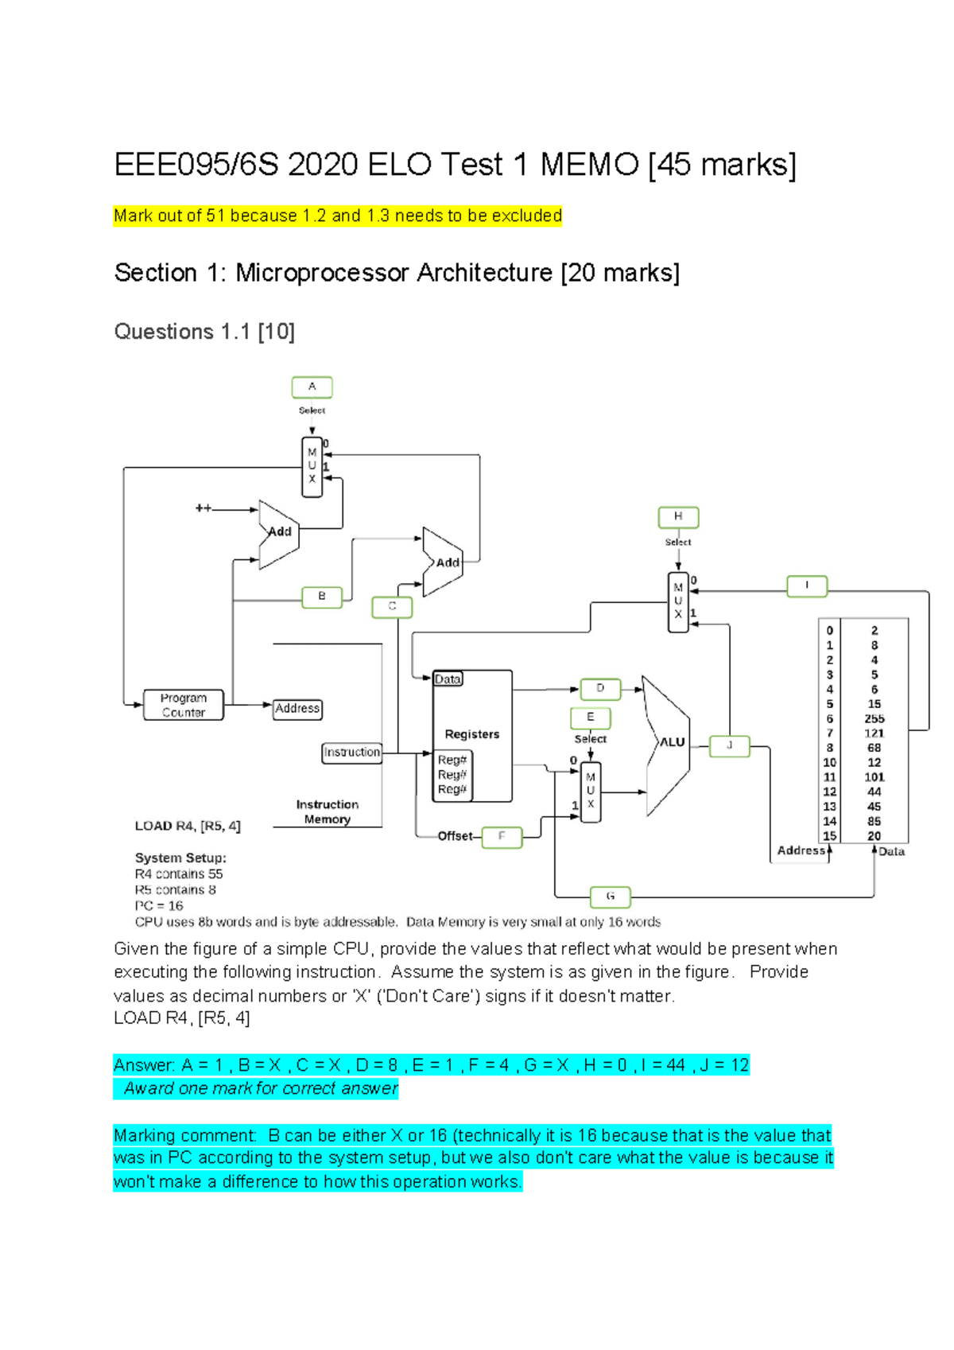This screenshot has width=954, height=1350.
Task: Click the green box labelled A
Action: [x=312, y=387]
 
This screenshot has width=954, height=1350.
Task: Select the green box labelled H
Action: [x=678, y=517]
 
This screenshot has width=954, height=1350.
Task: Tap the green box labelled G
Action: [x=611, y=897]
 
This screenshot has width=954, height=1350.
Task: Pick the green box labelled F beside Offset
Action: [x=502, y=837]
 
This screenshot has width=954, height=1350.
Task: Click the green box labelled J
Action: [x=729, y=746]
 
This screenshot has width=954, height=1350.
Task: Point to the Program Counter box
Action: [x=184, y=706]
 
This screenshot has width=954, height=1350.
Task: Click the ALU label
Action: [x=673, y=742]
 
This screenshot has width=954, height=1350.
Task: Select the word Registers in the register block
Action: [x=472, y=734]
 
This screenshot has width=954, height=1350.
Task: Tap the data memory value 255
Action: [x=874, y=718]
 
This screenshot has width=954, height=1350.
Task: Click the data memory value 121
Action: [x=874, y=733]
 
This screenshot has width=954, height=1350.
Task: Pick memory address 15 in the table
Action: [x=829, y=836]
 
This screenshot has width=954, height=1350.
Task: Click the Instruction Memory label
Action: [x=327, y=812]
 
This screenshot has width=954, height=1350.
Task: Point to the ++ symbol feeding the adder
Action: [x=204, y=508]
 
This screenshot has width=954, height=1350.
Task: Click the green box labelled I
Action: [x=807, y=586]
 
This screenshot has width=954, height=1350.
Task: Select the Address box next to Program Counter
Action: [x=297, y=709]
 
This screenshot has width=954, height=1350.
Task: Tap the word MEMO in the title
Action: [x=589, y=165]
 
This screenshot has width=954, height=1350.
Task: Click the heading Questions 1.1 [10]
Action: [x=204, y=332]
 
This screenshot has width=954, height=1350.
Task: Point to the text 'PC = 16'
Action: [x=159, y=906]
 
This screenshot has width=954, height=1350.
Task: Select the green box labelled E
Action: [x=591, y=718]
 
